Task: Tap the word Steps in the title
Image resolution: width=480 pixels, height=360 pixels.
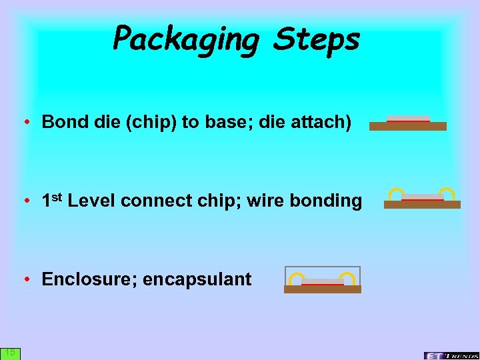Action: pos(316,39)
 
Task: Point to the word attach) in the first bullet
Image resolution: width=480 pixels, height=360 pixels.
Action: pos(322,122)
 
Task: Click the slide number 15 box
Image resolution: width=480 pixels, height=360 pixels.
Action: pos(10,353)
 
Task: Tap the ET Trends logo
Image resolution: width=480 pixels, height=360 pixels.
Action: pos(451,355)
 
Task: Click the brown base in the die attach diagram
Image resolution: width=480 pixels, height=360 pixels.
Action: pos(407,126)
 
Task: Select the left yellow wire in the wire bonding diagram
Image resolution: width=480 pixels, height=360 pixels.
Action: pos(396,194)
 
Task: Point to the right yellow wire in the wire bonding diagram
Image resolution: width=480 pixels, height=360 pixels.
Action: pos(446,194)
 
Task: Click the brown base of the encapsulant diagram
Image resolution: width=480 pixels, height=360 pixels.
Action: pos(322,289)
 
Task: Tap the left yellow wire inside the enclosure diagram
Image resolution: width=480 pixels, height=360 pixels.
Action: pos(296,278)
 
